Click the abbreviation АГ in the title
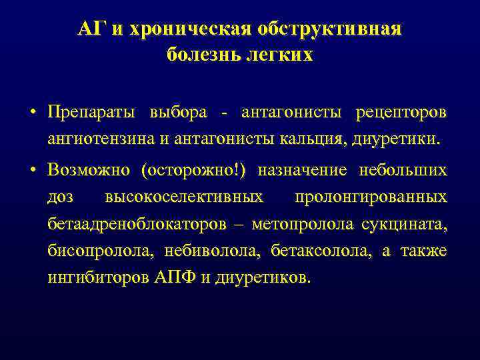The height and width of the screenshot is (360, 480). pos(89,29)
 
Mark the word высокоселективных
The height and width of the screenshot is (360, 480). pos(184,198)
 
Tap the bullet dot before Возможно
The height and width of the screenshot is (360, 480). pos(33,170)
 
